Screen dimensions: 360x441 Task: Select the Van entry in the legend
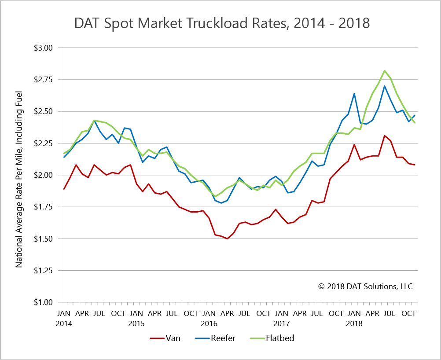pyautogui.click(x=165, y=338)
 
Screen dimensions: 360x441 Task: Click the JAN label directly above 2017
pyautogui.click(x=282, y=314)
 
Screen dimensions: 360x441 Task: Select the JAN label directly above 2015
pyautogui.click(x=136, y=314)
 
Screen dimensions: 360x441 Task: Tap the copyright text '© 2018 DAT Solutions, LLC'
pyautogui.click(x=365, y=286)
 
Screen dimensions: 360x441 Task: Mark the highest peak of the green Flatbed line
pyautogui.click(x=384, y=70)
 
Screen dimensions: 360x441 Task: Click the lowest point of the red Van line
pyautogui.click(x=227, y=239)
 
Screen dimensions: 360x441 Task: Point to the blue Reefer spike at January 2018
pyautogui.click(x=354, y=93)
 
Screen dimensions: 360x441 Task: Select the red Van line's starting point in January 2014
pyautogui.click(x=64, y=189)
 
